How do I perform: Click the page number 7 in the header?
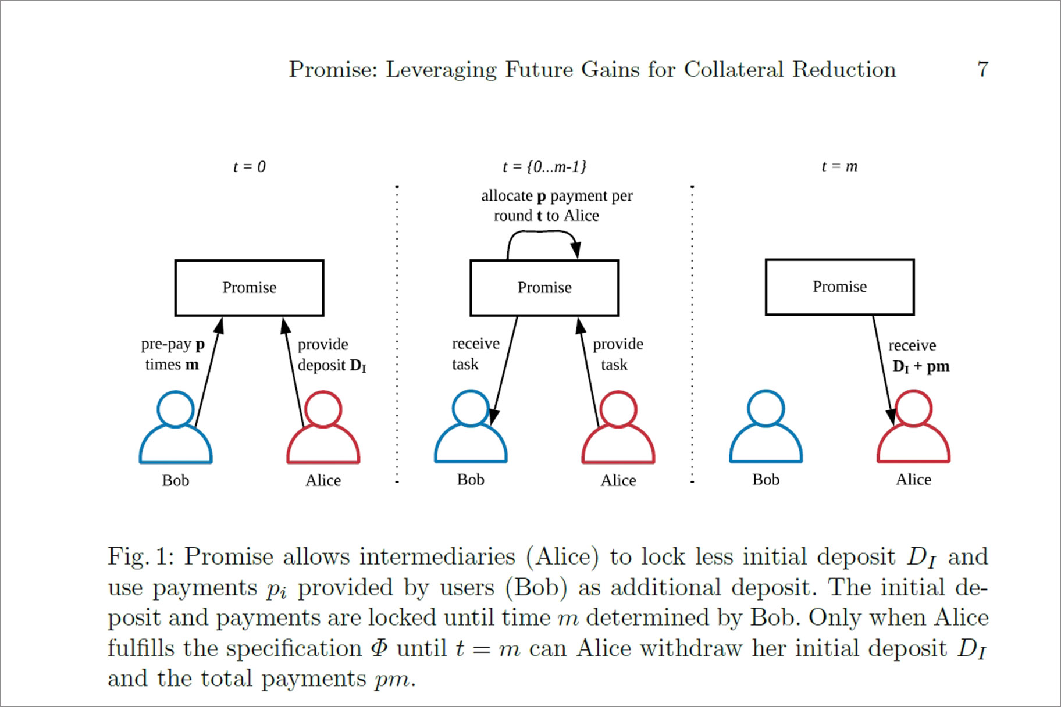[x=982, y=69]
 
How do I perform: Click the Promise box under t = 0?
[x=249, y=288]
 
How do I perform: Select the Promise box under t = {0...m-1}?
[x=544, y=288]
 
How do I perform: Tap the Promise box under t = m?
[x=839, y=287]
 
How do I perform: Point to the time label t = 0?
[x=249, y=167]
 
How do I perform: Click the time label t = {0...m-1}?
[x=544, y=167]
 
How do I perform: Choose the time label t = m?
[x=839, y=166]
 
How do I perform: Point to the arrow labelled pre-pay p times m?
[x=208, y=372]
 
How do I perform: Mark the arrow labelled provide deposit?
[x=294, y=372]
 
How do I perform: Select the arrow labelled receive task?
[x=504, y=372]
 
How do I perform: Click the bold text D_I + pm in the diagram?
[x=921, y=367]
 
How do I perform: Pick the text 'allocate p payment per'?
[x=557, y=196]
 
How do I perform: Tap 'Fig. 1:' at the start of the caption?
[x=141, y=556]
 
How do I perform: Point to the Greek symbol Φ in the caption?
[x=379, y=648]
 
